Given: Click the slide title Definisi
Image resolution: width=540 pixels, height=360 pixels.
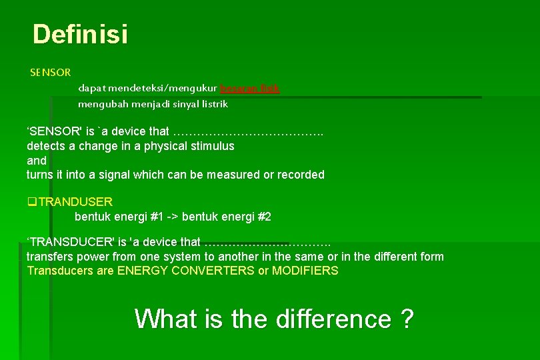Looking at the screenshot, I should click(x=80, y=34).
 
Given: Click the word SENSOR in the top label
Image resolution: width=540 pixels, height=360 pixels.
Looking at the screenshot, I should click(x=50, y=71).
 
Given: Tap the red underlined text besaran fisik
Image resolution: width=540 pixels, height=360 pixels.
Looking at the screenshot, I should click(x=250, y=88).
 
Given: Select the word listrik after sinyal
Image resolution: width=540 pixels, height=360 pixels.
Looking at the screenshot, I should click(x=214, y=104).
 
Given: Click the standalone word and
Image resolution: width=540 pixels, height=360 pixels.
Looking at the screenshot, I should click(x=37, y=161).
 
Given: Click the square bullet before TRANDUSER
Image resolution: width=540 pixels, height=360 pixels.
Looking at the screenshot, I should click(x=30, y=201).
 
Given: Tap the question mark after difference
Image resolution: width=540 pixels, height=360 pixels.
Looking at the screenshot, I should click(x=407, y=319).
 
